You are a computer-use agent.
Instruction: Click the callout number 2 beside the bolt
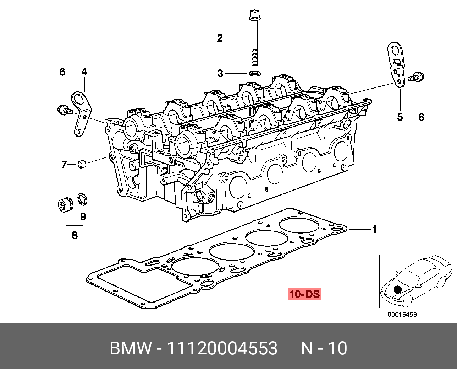[220, 38]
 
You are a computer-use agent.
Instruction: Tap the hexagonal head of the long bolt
[254, 15]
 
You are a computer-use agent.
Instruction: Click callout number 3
[220, 74]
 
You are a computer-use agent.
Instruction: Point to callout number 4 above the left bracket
[84, 72]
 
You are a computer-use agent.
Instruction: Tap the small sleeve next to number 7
[82, 164]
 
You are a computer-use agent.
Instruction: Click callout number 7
[64, 165]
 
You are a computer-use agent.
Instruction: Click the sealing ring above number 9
[82, 199]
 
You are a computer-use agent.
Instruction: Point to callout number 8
[75, 235]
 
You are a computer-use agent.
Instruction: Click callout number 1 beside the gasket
[374, 230]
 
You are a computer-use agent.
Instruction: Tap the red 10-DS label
[304, 294]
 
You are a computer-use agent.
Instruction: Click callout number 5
[400, 117]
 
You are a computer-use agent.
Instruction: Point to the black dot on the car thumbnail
[398, 289]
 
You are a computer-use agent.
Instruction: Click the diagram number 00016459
[402, 315]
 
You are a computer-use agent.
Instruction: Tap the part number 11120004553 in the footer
[222, 348]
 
